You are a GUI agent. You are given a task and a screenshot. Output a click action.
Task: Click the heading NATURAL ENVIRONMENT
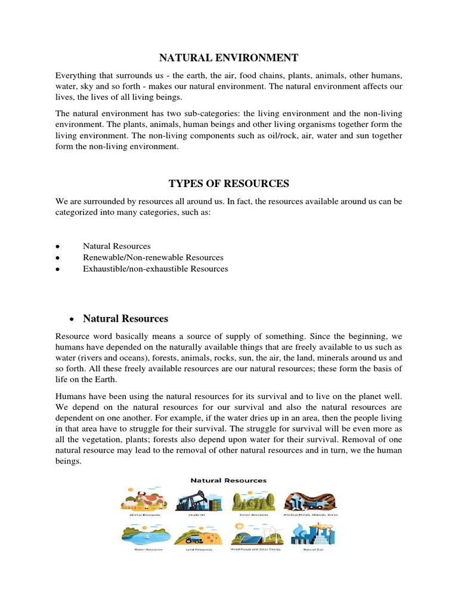(228, 58)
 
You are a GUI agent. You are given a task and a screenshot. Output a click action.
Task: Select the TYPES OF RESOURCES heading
(228, 183)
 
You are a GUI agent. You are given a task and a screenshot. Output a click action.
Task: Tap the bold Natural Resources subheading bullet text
(125, 319)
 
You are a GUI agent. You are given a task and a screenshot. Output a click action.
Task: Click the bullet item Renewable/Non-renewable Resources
(153, 257)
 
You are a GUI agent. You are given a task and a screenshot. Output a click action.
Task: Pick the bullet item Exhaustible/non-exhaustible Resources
(155, 269)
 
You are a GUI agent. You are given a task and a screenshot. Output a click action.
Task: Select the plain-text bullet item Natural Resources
(117, 246)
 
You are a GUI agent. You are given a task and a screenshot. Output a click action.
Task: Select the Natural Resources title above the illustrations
(228, 480)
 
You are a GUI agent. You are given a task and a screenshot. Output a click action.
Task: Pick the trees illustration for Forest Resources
(253, 499)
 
